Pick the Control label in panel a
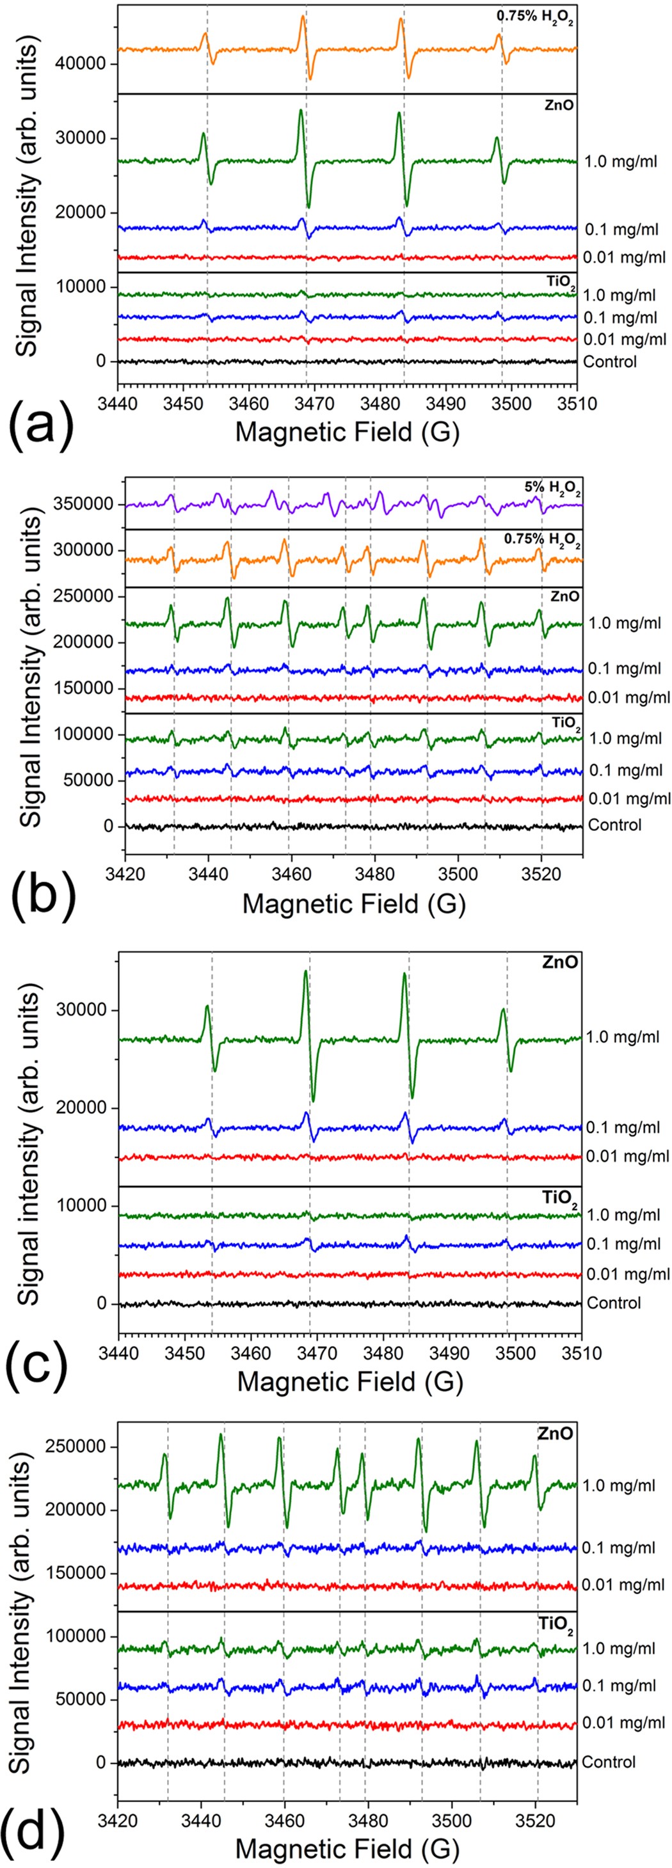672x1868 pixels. click(x=609, y=361)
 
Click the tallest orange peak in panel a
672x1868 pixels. click(x=303, y=16)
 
